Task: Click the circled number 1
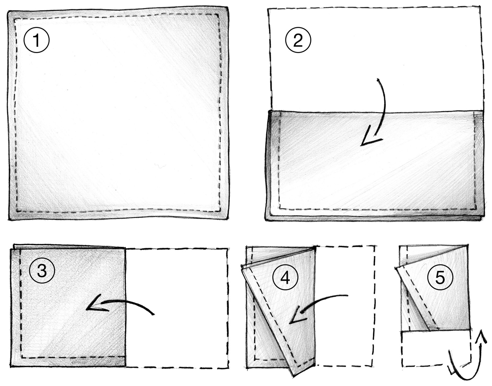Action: tap(36, 40)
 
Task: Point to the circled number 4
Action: tap(285, 278)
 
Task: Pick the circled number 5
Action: tap(440, 277)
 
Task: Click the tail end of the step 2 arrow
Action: tap(378, 79)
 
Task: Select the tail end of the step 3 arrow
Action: tap(154, 314)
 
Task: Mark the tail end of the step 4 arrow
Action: tap(347, 295)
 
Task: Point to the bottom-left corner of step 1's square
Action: tap(10, 219)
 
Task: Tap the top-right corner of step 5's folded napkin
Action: tap(467, 245)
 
